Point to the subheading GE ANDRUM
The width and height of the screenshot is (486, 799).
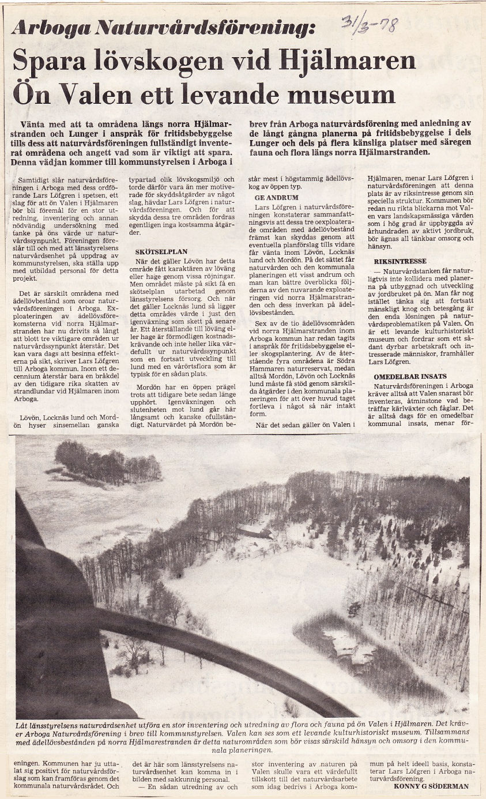pyautogui.click(x=277, y=197)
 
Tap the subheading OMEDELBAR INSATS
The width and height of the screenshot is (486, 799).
pyautogui.click(x=410, y=376)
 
